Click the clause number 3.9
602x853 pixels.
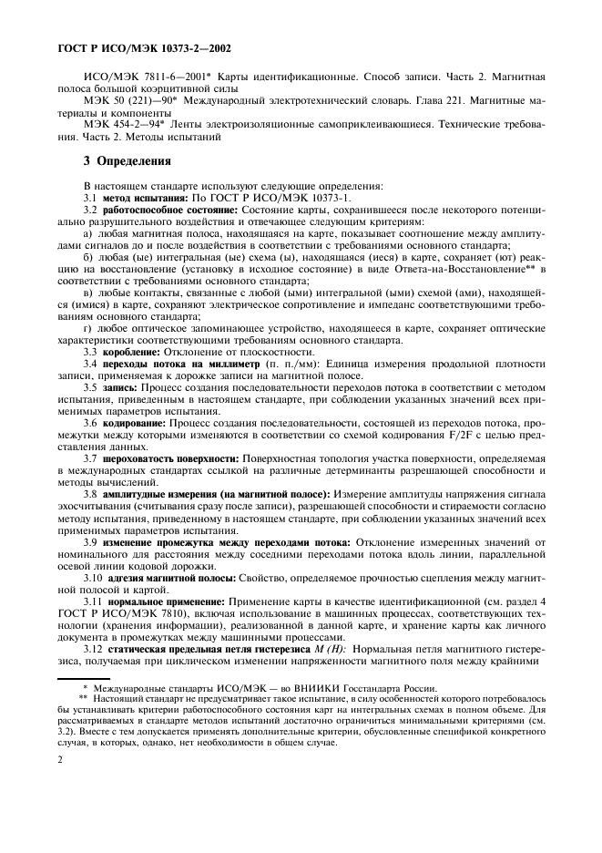(x=90, y=541)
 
